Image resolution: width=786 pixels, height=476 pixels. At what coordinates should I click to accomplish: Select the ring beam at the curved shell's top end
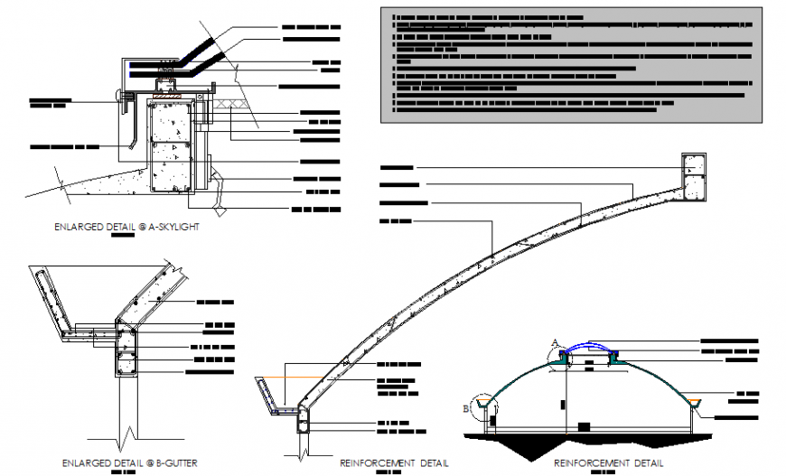point(693,176)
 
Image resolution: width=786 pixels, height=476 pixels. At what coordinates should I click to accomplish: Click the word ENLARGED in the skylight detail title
point(78,228)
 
